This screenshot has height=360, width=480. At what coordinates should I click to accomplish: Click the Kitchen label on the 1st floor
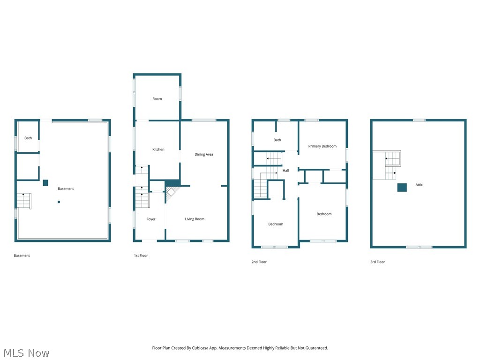(158, 150)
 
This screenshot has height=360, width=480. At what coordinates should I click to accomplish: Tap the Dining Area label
(204, 154)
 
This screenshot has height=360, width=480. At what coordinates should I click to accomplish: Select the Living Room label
(195, 219)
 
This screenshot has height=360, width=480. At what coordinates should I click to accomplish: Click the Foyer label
(151, 219)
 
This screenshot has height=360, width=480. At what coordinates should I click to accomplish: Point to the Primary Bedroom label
(322, 146)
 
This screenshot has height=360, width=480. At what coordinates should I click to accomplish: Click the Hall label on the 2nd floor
(285, 171)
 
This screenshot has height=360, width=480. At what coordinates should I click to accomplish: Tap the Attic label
(419, 185)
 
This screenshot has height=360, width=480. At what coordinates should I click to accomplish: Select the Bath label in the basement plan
(28, 138)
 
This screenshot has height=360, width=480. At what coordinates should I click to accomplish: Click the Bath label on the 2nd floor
(277, 140)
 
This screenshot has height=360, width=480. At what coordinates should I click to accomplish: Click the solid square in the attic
(402, 187)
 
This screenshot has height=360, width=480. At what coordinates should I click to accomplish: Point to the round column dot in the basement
(59, 202)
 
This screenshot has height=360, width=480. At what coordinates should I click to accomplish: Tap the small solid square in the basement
(45, 183)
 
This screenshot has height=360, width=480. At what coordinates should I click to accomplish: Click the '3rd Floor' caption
(377, 262)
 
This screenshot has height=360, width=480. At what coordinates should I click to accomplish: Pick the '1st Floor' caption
(141, 255)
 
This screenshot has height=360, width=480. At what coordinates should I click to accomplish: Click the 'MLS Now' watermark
(26, 353)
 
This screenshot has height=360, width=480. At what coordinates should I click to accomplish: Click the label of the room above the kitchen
(157, 99)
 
